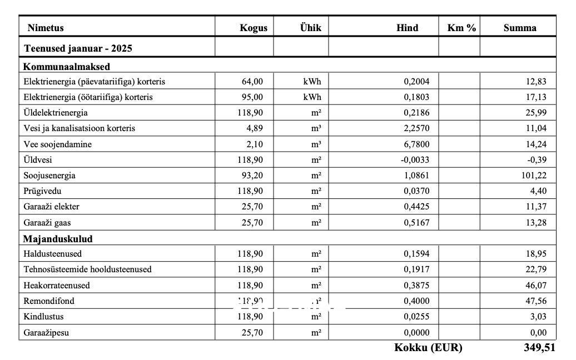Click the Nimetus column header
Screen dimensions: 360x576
coord(46,28)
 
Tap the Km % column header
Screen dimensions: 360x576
coord(461,28)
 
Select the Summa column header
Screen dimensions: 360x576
coord(520,28)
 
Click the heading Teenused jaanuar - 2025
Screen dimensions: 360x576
coord(78,48)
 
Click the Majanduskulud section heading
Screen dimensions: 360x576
coord(58,239)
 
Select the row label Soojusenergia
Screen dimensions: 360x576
coord(49,176)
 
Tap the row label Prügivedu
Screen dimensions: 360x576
coord(43,191)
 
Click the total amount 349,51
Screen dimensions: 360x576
coord(539,348)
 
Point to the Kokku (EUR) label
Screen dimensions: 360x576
coord(428,348)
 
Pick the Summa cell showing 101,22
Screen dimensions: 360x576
coord(534,176)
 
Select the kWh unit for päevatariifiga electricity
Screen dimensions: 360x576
coord(312,82)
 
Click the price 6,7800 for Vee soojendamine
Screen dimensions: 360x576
coord(416,144)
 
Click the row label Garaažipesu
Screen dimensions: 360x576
coord(47,333)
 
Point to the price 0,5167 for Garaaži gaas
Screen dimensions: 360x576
coord(416,223)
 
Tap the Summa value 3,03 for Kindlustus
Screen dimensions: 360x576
coord(538,317)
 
